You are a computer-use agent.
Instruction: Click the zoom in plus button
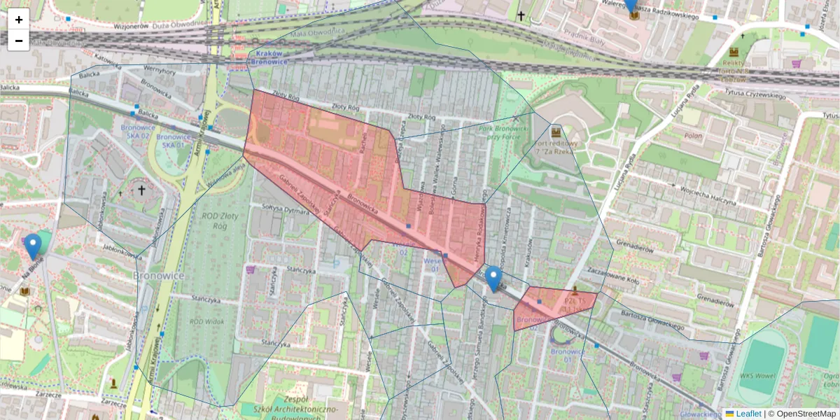click(x=19, y=20)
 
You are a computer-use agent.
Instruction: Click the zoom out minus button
click(x=19, y=41)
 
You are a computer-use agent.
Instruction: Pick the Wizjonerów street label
click(x=132, y=26)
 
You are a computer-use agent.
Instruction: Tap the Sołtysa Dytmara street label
click(x=285, y=209)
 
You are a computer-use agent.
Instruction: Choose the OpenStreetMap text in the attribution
click(x=806, y=414)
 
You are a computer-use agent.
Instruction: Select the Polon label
click(x=694, y=135)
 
